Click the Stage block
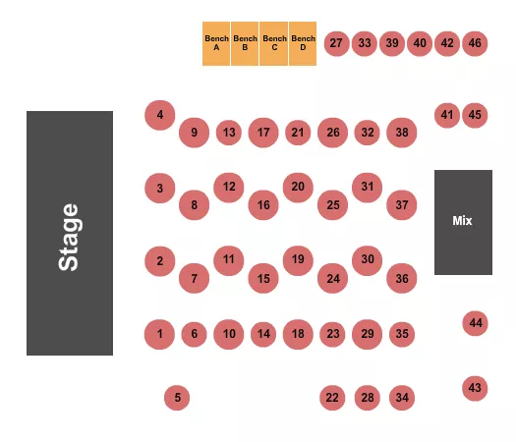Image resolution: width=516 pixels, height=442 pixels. click(69, 233)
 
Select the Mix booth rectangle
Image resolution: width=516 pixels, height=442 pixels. click(463, 222)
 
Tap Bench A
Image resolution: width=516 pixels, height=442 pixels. click(216, 44)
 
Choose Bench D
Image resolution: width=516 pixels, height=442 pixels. click(303, 44)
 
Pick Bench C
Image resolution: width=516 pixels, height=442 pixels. click(274, 44)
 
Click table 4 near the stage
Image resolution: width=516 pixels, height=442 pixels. click(159, 116)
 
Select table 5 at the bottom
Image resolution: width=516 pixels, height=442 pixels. click(178, 398)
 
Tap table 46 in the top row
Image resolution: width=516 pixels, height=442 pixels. click(476, 43)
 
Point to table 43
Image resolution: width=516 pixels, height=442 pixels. click(476, 388)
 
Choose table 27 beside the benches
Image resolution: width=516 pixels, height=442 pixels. click(337, 43)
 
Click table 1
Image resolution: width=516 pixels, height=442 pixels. click(159, 335)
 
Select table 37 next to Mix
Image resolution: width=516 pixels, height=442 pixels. click(401, 205)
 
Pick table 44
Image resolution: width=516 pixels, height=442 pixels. click(476, 322)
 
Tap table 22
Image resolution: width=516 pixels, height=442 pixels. click(332, 398)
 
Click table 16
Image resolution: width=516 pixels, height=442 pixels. click(263, 205)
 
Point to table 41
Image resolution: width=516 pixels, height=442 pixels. click(447, 115)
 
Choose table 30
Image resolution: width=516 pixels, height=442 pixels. click(368, 260)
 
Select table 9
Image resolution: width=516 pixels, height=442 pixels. click(195, 133)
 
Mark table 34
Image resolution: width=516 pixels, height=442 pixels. click(401, 398)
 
